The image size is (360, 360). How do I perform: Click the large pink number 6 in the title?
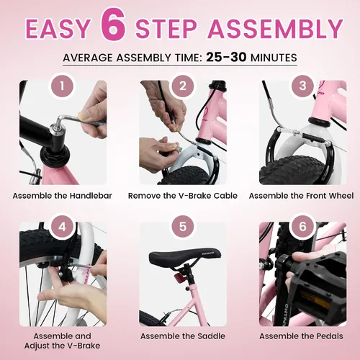(x=114, y=24)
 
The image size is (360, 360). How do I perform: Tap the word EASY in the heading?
(x=58, y=28)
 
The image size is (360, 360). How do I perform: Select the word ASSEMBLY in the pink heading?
(x=276, y=28)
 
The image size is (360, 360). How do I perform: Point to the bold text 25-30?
(x=226, y=57)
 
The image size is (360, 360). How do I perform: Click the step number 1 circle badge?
(x=62, y=86)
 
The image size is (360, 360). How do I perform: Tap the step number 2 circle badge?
(x=183, y=86)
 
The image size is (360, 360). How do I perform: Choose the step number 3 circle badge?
(x=303, y=86)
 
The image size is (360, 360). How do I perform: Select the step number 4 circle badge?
(x=62, y=226)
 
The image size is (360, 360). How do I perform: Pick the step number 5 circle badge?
(x=183, y=226)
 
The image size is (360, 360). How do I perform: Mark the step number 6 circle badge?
(x=303, y=226)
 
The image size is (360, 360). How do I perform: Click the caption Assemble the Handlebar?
(x=63, y=196)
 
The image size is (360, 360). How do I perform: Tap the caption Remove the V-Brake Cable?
(x=183, y=196)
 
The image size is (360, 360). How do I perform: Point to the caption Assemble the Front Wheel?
(x=302, y=196)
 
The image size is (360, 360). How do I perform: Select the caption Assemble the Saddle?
(x=183, y=336)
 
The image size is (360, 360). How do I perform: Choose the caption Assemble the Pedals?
(x=302, y=336)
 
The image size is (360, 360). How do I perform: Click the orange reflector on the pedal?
(x=315, y=300)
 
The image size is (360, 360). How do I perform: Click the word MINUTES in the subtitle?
(x=274, y=58)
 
